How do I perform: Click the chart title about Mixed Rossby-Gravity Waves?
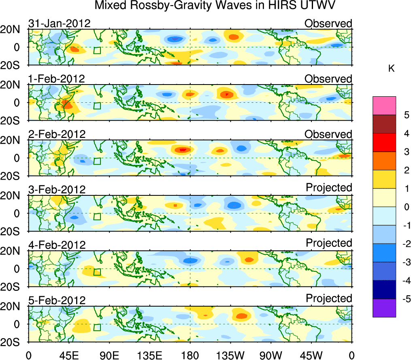(215, 6)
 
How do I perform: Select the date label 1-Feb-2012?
(57, 78)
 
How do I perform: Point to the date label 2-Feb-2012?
(57, 134)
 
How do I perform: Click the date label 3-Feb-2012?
(57, 189)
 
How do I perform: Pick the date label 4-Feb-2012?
(57, 245)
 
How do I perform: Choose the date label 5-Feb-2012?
(57, 300)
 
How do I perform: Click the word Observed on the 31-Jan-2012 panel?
(328, 23)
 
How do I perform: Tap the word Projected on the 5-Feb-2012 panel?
(329, 299)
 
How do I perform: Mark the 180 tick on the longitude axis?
(190, 355)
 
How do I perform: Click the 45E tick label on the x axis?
(68, 355)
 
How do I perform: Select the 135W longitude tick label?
(230, 355)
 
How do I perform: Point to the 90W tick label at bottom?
(271, 355)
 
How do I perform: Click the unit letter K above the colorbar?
(392, 69)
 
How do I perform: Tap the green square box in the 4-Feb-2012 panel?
(97, 272)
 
